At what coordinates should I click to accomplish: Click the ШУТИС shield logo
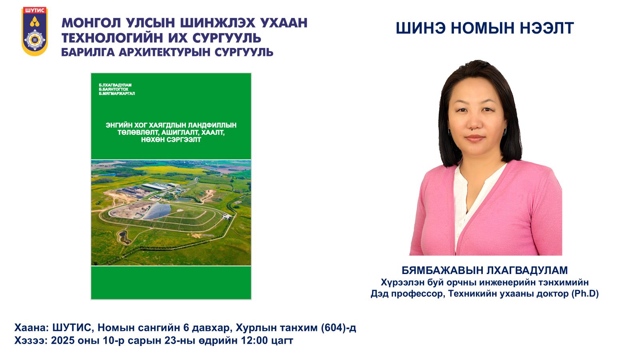click(34, 31)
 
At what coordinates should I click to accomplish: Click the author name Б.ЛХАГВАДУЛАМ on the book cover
click(115, 85)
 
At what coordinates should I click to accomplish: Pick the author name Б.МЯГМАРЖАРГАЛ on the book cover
click(117, 94)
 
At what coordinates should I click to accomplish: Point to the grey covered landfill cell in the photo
click(157, 211)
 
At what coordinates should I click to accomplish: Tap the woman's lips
click(474, 138)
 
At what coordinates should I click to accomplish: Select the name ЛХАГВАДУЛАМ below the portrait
click(527, 270)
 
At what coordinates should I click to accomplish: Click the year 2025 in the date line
click(62, 340)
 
